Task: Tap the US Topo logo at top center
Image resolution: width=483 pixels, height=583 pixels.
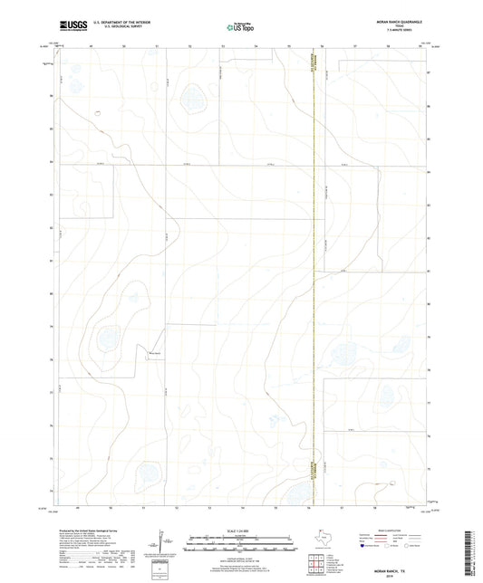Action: (240, 27)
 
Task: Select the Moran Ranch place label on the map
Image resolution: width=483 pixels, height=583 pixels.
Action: (155, 353)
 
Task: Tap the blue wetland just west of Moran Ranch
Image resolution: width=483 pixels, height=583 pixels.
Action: (109, 339)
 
